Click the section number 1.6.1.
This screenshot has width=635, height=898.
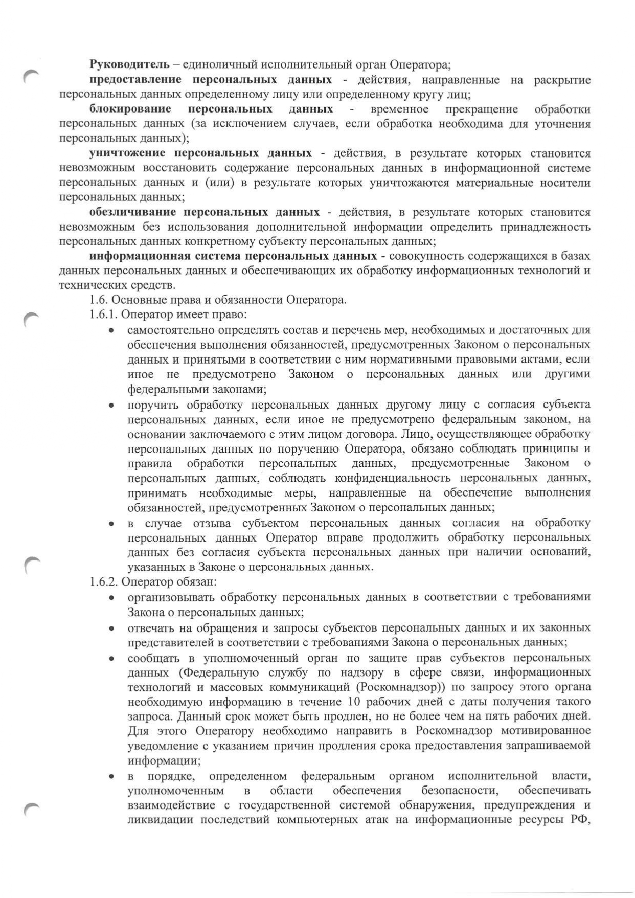(104, 315)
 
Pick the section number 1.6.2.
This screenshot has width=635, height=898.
(104, 581)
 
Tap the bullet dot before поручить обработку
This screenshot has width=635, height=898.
(111, 405)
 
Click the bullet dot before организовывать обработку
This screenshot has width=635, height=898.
(111, 598)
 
